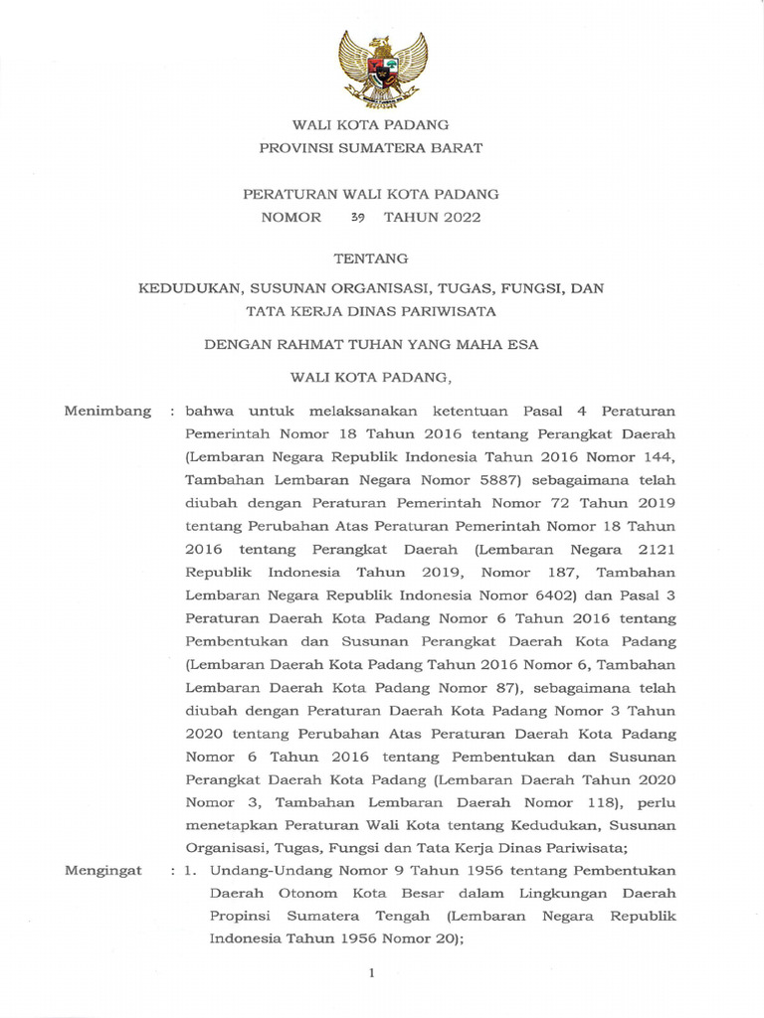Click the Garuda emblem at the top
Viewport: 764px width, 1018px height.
point(382,69)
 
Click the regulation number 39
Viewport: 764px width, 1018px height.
point(358,218)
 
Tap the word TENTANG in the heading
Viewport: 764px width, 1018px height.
point(370,258)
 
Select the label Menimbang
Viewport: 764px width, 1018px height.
point(108,411)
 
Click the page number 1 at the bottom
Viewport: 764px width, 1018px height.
point(371,973)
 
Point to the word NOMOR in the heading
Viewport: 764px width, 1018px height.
point(291,218)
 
